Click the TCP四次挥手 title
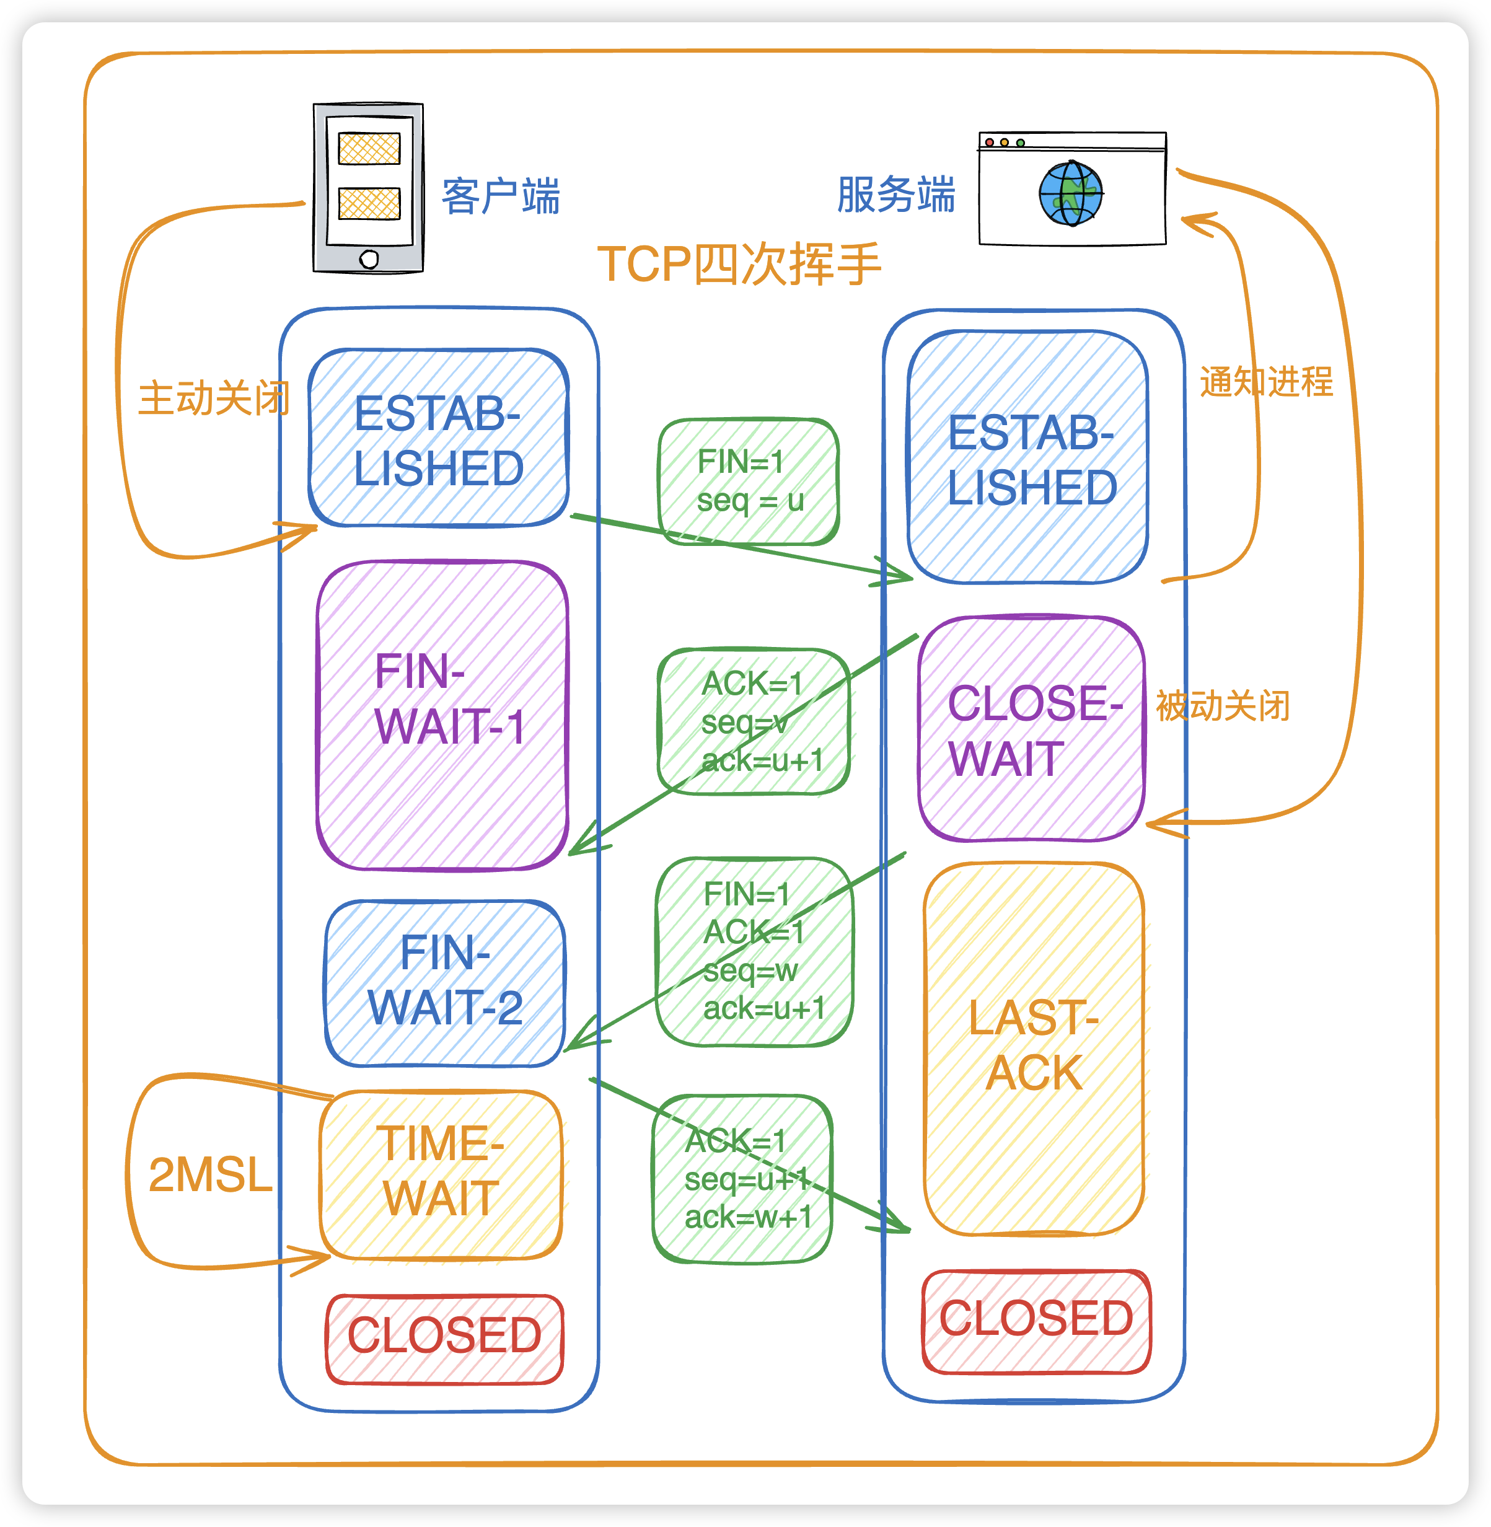[x=739, y=264]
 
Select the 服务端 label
[x=896, y=194]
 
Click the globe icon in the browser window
[x=1070, y=193]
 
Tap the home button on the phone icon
[x=369, y=259]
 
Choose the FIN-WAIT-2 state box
[x=444, y=983]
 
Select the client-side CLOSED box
[x=444, y=1338]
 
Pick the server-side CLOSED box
[x=1036, y=1321]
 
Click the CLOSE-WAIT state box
[x=1031, y=729]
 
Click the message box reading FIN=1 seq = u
[x=749, y=481]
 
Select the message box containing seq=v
[x=754, y=721]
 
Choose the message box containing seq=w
[x=754, y=951]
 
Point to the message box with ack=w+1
[x=742, y=1179]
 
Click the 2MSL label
[x=210, y=1174]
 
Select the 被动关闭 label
[x=1223, y=705]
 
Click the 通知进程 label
[x=1265, y=382]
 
